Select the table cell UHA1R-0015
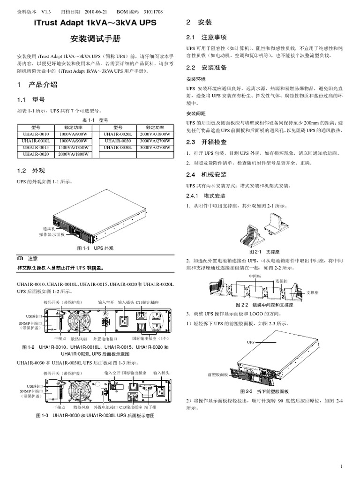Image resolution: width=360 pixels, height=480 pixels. tap(36, 147)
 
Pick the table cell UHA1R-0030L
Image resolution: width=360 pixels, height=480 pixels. tap(118, 147)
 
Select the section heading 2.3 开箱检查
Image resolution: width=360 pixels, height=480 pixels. tap(206, 142)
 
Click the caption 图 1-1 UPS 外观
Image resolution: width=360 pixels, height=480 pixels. tap(95, 247)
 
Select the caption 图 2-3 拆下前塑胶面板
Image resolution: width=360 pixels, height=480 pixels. tap(264, 391)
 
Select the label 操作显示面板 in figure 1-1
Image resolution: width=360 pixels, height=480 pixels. tap(52, 233)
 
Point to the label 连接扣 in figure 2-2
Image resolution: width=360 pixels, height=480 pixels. tap(281, 280)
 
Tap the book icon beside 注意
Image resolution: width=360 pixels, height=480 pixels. tap(20, 258)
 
